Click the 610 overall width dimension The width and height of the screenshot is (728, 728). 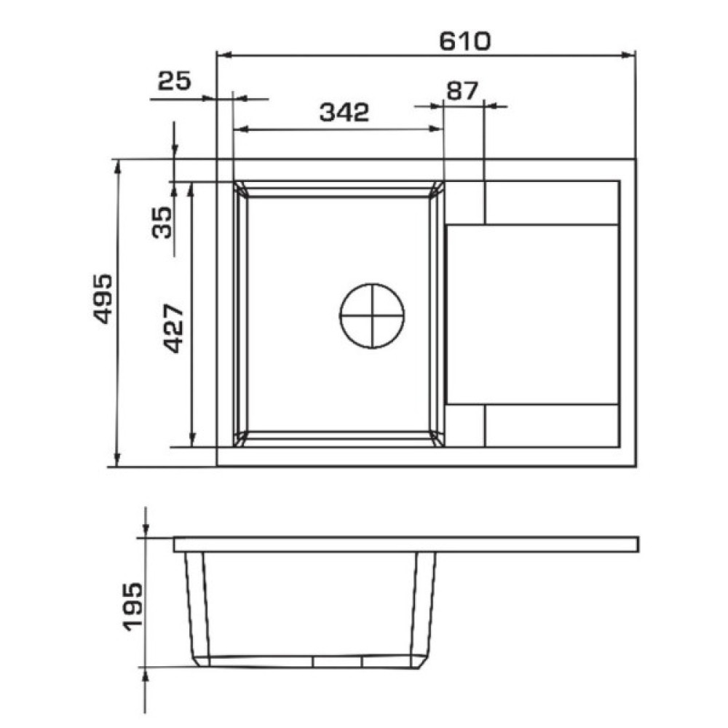coord(464,41)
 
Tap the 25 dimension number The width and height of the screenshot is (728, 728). coord(174,81)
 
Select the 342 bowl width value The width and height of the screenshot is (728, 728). coord(344,112)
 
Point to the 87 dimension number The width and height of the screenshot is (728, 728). coord(462,91)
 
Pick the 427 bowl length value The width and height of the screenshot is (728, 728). coord(175,328)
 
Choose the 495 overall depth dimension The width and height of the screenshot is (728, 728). coord(103,298)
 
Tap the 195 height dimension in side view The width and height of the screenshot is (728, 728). coord(132,606)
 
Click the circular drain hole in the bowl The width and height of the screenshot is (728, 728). coord(372,316)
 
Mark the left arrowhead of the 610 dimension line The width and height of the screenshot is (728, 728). coord(225,55)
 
